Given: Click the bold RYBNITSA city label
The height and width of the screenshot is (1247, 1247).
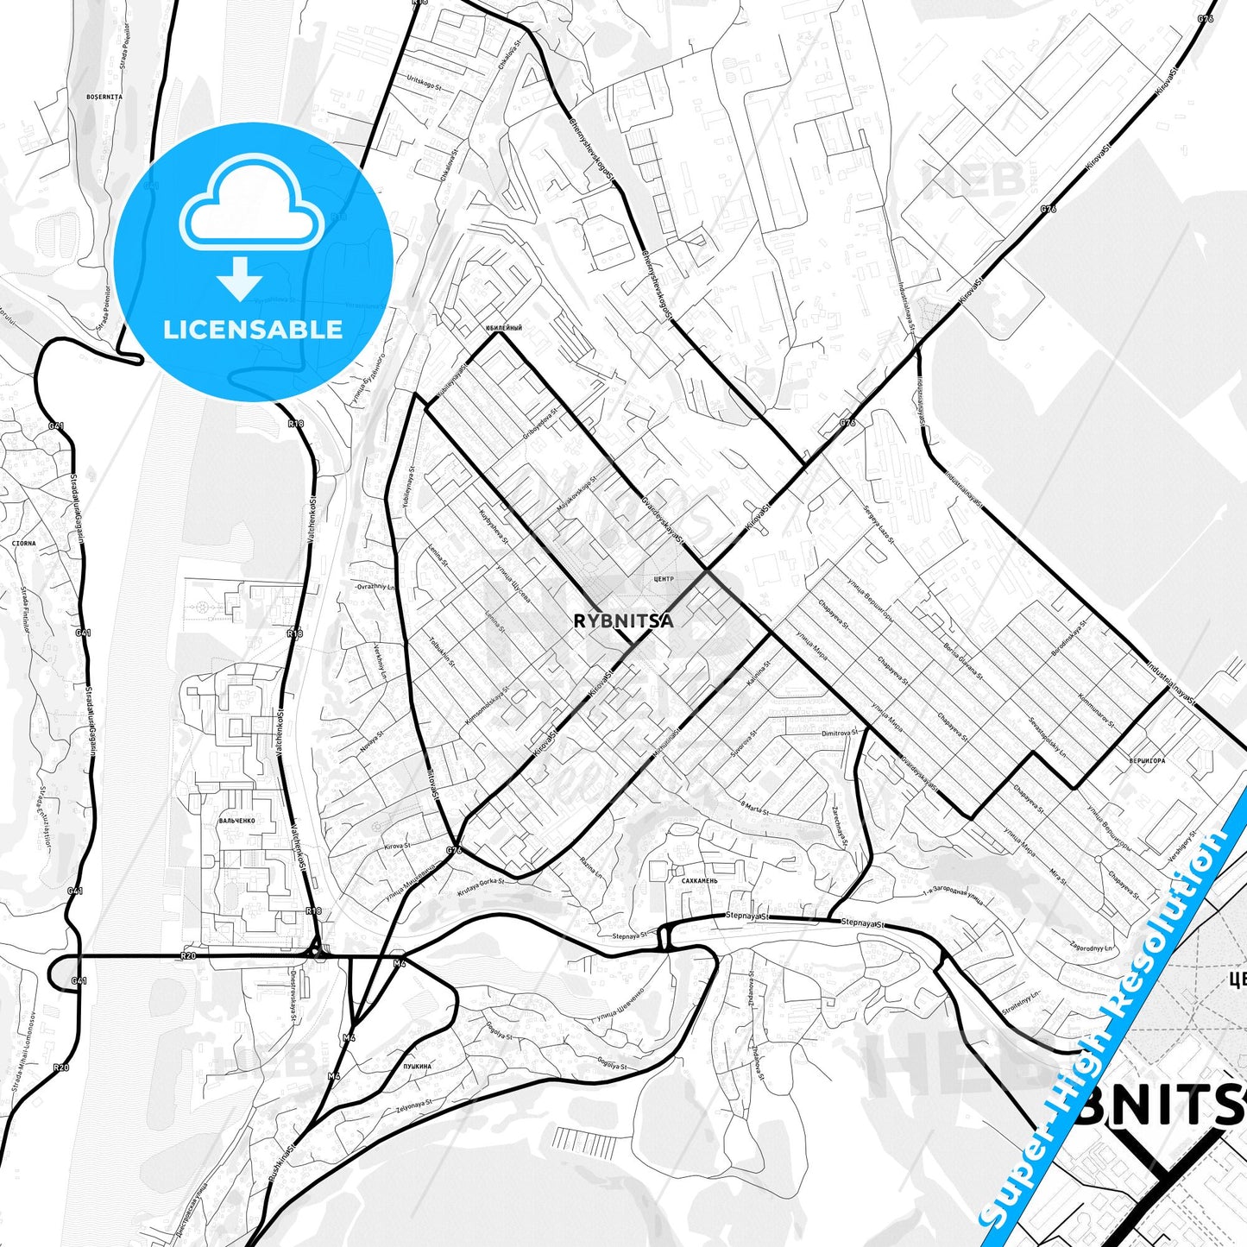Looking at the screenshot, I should tap(623, 620).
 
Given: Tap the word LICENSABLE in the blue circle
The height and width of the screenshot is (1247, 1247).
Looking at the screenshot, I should tap(253, 330).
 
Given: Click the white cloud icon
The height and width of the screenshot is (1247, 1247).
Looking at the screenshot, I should tap(251, 204).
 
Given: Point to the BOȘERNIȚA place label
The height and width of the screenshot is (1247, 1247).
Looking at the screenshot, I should tap(104, 97).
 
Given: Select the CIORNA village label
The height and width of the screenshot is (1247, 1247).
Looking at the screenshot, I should tap(24, 544).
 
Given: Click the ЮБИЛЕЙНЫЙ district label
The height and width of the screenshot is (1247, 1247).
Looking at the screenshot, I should tap(503, 328).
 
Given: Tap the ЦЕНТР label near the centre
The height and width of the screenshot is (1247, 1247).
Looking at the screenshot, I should tap(664, 578).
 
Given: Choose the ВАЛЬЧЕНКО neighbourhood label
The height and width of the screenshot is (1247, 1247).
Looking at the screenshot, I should tap(236, 821).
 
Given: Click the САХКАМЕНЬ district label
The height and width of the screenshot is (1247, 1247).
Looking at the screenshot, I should tap(699, 881).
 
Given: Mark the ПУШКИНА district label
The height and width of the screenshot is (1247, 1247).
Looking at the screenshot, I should tap(417, 1067).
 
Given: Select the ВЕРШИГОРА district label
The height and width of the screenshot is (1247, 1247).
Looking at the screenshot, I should tap(1146, 761).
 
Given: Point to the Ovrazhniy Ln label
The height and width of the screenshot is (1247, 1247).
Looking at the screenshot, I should tap(374, 586).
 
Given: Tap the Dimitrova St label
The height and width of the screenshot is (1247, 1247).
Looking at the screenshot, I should tap(840, 733).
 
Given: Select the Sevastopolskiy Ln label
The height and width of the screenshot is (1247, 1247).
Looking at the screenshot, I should tap(1047, 734).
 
